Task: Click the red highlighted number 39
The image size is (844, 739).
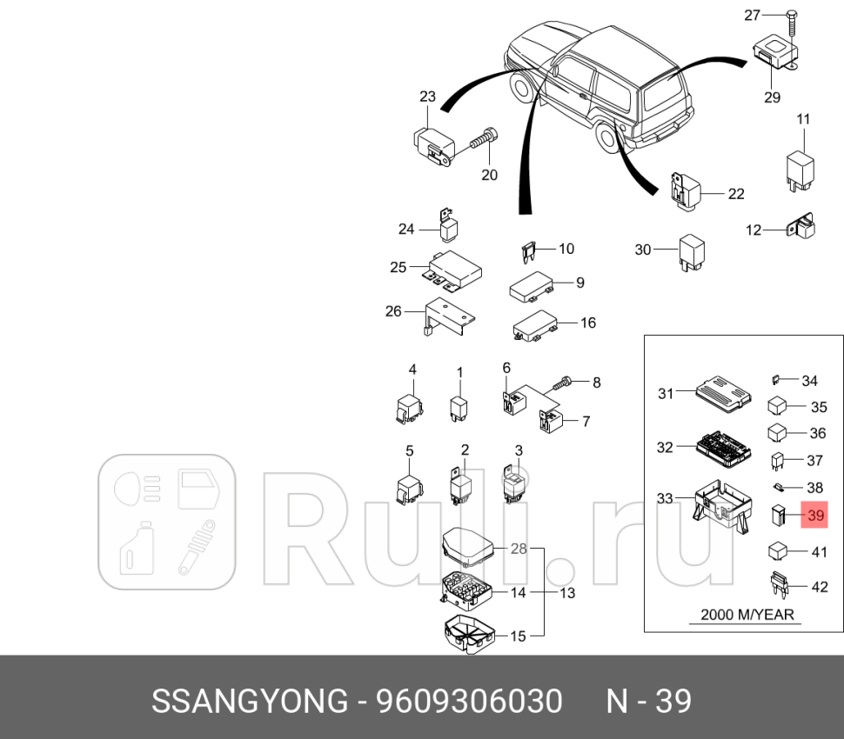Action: (x=816, y=516)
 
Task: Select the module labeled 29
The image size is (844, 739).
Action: (x=771, y=56)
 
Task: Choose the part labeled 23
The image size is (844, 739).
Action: (x=432, y=144)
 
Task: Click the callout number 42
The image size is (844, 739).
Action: (x=819, y=587)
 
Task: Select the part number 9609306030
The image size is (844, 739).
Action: (x=471, y=701)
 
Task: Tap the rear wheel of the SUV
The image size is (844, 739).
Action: (x=605, y=137)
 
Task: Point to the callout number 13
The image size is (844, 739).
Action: (x=567, y=593)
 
